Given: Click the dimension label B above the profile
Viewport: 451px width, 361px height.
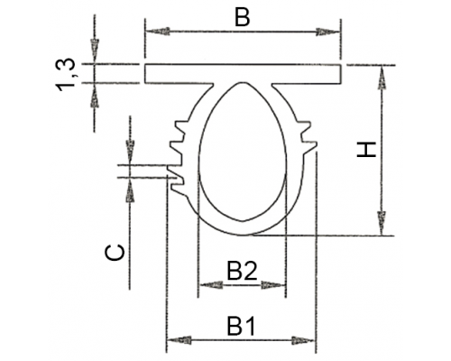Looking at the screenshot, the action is pos(243,18).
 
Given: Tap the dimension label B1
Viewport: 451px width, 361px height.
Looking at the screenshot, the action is pos(241,326).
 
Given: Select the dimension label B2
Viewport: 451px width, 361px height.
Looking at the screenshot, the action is pos(242,271).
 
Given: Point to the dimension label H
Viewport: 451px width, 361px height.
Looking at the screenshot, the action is pos(366,150).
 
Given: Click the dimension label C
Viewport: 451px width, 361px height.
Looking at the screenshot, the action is pos(115,252).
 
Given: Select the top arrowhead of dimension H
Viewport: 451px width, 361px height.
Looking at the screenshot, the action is pos(382,78).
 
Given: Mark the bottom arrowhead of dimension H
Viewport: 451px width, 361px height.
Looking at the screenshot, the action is pos(382,223).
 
